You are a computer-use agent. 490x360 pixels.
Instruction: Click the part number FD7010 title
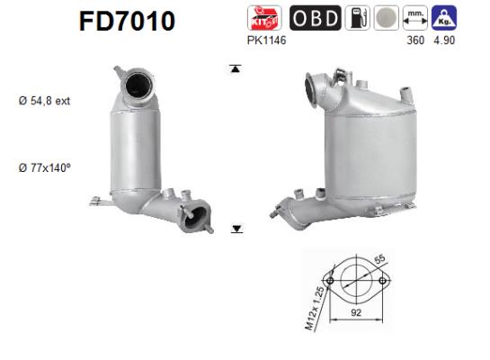click(x=123, y=21)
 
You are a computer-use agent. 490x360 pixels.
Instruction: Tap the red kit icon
click(x=263, y=18)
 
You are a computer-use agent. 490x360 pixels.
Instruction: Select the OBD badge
click(x=314, y=18)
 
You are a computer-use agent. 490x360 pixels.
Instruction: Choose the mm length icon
click(x=415, y=18)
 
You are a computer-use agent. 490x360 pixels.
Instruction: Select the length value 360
click(x=415, y=40)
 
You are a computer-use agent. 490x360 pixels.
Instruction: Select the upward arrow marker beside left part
click(x=236, y=68)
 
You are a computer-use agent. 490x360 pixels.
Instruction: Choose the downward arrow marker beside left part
click(x=236, y=229)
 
